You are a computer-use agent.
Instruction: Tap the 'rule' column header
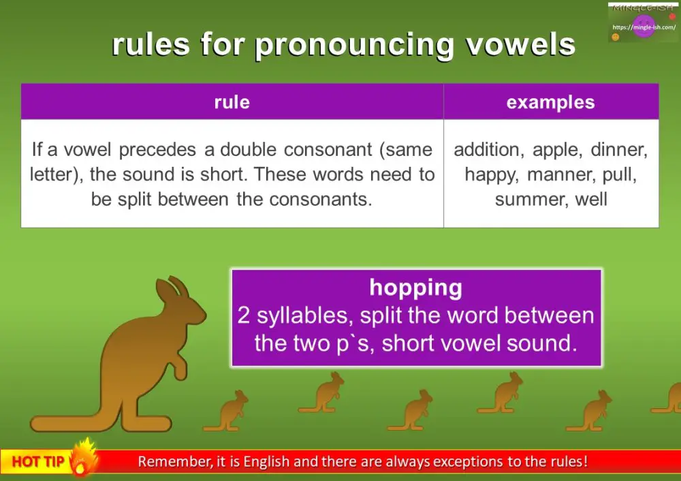pos(232,102)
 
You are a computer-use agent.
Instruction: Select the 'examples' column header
pos(550,102)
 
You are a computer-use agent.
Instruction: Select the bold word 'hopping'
pos(415,288)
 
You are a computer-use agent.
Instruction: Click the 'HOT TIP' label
pos(38,462)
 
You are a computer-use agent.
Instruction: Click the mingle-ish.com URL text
pos(644,27)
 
